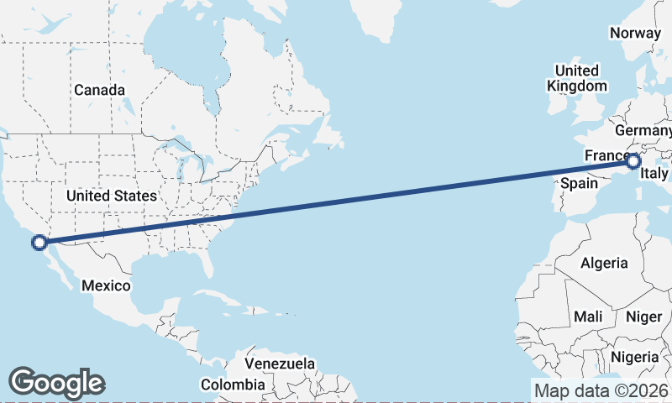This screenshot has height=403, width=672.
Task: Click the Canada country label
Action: click(99, 90)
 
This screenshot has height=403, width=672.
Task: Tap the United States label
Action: click(112, 196)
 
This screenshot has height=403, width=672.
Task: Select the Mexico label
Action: click(106, 286)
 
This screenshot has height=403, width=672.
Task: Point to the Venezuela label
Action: click(281, 364)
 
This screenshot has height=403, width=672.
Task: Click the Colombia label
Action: click(232, 385)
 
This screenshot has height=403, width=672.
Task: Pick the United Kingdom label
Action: click(576, 78)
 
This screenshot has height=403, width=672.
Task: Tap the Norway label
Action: click(636, 34)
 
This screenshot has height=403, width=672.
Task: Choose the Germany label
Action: click(644, 132)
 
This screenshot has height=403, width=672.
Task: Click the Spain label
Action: click(579, 183)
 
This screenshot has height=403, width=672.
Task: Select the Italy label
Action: click(654, 174)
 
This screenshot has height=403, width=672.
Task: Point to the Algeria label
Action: click(603, 263)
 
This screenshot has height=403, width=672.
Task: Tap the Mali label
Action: click(588, 317)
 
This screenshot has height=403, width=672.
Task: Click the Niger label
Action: click(644, 317)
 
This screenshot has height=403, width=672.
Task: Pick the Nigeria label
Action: click(635, 357)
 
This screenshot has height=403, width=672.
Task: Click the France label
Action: click(605, 156)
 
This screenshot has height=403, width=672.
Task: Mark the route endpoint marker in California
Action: click(39, 243)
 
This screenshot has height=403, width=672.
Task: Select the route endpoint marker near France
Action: click(633, 161)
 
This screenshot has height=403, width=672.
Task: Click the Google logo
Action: click(56, 382)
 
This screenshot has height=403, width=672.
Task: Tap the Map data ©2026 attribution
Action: click(601, 390)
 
